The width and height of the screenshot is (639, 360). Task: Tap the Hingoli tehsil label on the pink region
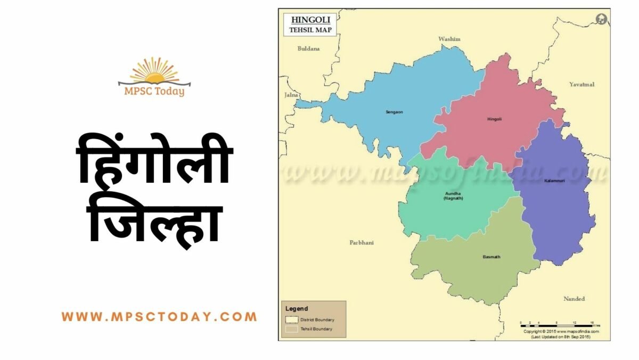494,119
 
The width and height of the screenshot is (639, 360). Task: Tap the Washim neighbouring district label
449,39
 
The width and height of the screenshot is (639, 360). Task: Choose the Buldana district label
309,48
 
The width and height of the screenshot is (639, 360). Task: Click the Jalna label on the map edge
291,95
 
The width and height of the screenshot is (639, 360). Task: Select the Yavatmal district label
581,85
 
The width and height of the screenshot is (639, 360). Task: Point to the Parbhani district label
362,243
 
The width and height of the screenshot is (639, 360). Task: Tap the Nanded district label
574,299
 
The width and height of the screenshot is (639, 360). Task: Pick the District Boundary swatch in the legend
291,320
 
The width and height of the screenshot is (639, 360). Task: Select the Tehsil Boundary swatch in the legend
291,329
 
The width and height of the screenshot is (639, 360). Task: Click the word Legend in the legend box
297,308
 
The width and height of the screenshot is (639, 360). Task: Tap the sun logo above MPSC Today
154,70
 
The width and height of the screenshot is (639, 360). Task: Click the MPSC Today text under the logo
154,91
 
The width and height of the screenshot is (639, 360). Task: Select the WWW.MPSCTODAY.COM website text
159,317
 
